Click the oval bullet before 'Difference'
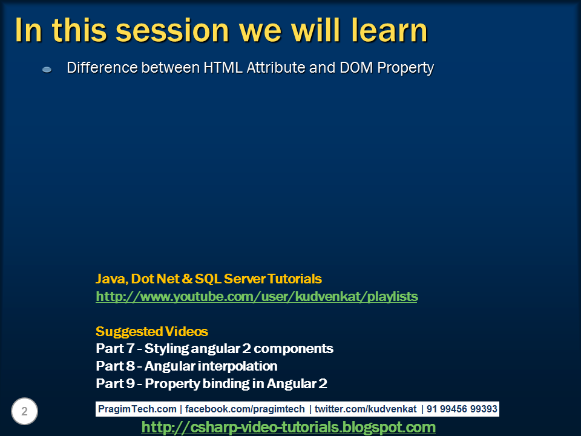[x=47, y=70]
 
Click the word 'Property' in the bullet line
[x=405, y=68]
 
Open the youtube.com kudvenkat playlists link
[x=257, y=297]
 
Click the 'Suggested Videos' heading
[x=152, y=332]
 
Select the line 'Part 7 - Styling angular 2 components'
[x=214, y=349]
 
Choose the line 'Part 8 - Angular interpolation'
[x=186, y=366]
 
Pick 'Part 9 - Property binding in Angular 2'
[x=211, y=384]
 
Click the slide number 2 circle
[x=24, y=412]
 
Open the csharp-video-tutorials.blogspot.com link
[x=288, y=428]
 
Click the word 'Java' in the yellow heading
[x=110, y=279]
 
